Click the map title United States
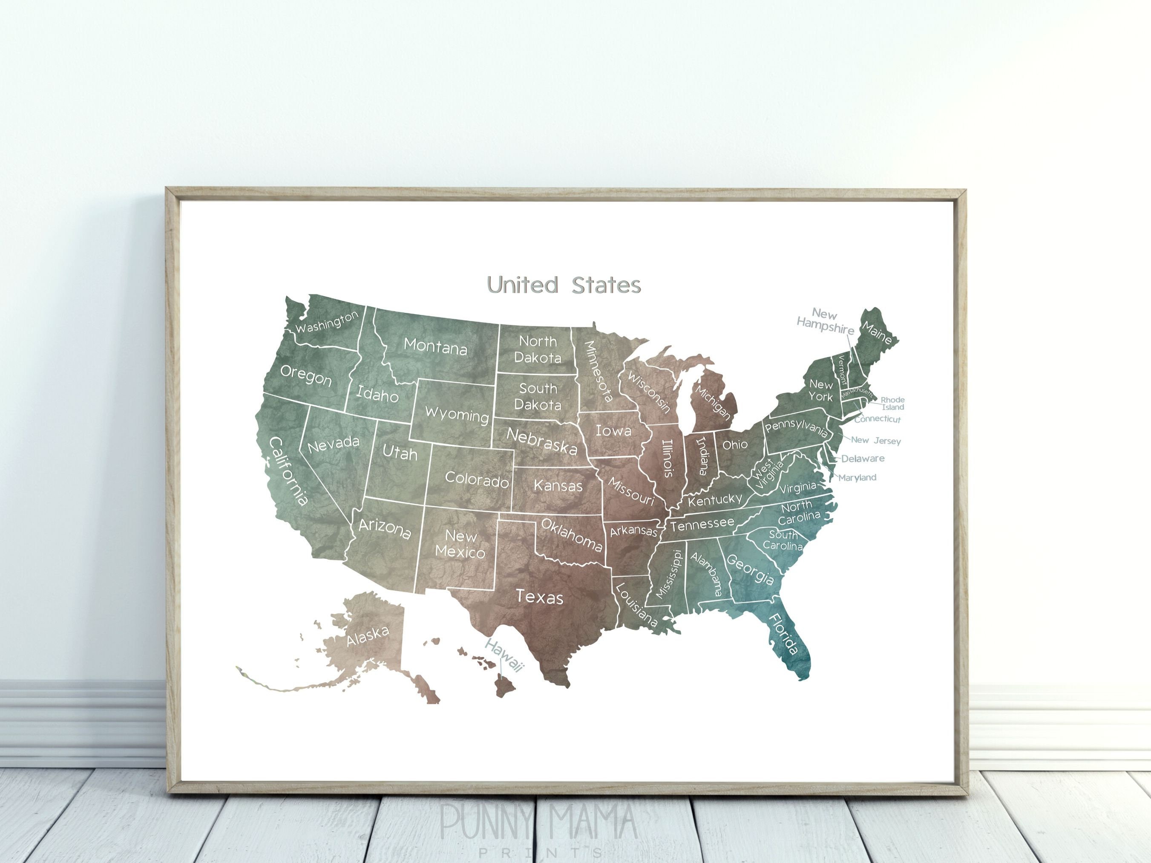(x=564, y=285)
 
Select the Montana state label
(x=435, y=346)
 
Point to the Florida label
(x=783, y=633)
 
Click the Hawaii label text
(x=504, y=655)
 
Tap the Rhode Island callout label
(x=892, y=404)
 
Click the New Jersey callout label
(x=876, y=440)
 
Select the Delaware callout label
(x=863, y=459)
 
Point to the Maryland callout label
(x=857, y=477)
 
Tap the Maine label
(x=877, y=332)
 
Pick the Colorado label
(x=477, y=479)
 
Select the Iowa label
(x=613, y=431)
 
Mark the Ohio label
(x=735, y=444)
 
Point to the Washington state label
(x=327, y=322)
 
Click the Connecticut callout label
(x=877, y=419)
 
